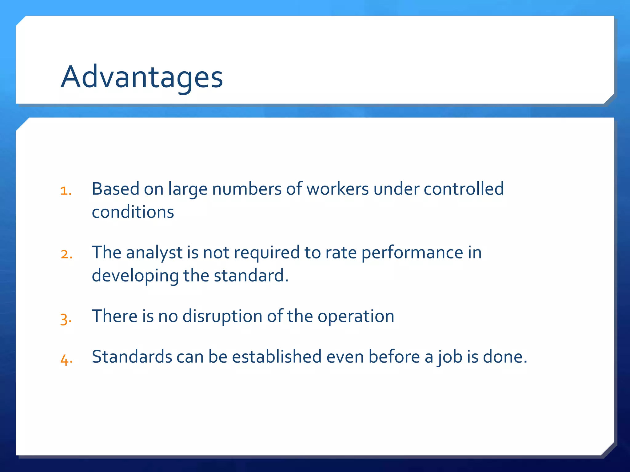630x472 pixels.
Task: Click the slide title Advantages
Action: coord(142,77)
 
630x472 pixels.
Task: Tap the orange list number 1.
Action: coord(66,191)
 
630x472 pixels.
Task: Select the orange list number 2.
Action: coord(66,254)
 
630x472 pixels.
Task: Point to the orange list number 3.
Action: coord(66,319)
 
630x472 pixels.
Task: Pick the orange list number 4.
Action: coord(66,360)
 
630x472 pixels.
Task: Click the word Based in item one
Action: coord(115,189)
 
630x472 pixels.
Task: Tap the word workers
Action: coord(337,189)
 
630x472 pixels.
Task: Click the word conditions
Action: coord(133,212)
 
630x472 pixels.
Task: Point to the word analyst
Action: coord(154,253)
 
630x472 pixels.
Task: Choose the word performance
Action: coord(412,253)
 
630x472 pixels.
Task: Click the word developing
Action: coord(135,276)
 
